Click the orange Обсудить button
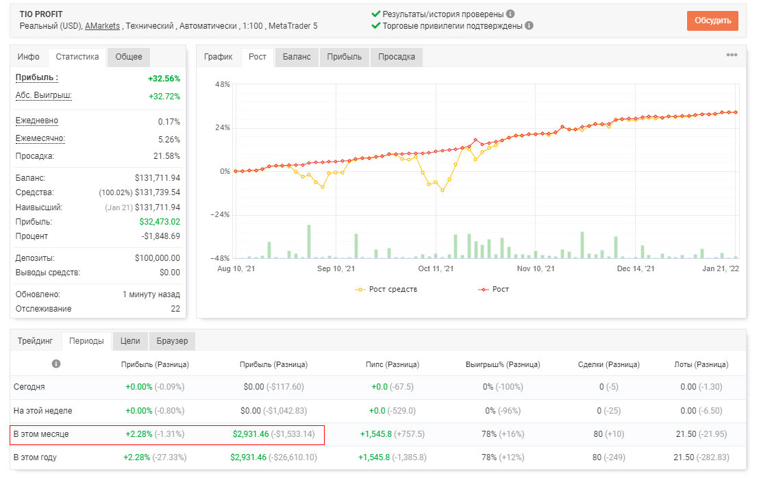click(712, 21)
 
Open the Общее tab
click(129, 57)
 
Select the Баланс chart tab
click(296, 57)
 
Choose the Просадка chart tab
click(397, 57)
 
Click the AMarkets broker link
click(102, 26)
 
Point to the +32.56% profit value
click(164, 78)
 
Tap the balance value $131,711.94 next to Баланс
click(158, 178)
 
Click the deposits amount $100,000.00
click(158, 258)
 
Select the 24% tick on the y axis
click(222, 128)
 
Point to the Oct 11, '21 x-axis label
click(436, 268)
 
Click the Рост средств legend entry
click(386, 289)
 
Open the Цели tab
click(130, 340)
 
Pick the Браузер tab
click(172, 340)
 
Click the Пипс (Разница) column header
click(392, 364)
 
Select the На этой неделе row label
click(42, 411)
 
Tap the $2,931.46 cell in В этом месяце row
click(250, 434)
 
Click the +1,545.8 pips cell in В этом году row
click(374, 457)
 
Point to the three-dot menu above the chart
click(732, 55)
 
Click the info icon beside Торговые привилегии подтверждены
click(529, 25)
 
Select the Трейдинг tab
click(36, 340)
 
